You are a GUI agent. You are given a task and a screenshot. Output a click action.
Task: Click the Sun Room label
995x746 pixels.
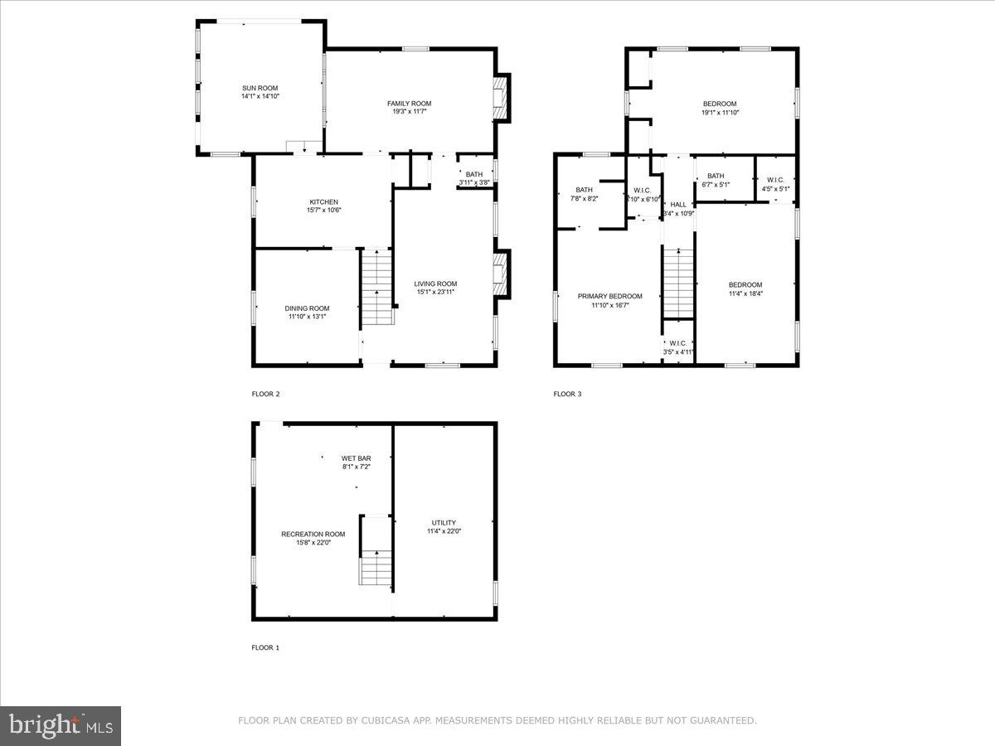(x=260, y=88)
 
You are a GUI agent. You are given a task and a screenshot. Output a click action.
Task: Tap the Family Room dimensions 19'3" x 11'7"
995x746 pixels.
(x=410, y=113)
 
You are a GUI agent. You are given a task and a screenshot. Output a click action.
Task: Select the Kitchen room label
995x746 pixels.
(x=323, y=202)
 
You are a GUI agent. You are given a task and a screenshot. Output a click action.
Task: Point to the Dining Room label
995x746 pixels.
(x=307, y=308)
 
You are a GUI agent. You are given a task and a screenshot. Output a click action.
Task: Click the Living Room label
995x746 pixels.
(x=435, y=283)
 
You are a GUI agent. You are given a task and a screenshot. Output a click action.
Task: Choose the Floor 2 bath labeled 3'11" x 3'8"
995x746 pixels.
(x=474, y=178)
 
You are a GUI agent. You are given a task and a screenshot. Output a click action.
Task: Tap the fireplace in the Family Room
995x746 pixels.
(x=500, y=97)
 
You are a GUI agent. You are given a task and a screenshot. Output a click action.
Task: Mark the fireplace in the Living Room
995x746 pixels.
(x=500, y=274)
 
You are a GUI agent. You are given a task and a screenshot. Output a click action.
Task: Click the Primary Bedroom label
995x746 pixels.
(x=609, y=296)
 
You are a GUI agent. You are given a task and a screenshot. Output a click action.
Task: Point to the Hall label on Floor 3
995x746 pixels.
(x=678, y=205)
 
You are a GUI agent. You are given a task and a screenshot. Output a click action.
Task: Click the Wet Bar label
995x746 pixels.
(x=356, y=458)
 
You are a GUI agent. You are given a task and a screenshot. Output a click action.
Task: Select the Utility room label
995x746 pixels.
(x=444, y=522)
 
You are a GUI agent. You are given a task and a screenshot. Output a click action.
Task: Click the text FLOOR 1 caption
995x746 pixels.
(x=265, y=647)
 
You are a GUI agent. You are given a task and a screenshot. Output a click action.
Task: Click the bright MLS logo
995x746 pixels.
(x=61, y=726)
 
